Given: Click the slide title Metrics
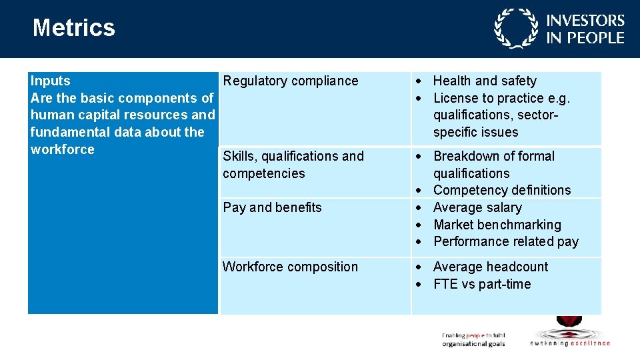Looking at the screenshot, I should (73, 28).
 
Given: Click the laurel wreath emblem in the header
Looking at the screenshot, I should (515, 29).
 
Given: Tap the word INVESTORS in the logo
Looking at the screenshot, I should (585, 21).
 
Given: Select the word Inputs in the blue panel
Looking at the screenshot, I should (51, 81).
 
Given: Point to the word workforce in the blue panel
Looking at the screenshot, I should (63, 149).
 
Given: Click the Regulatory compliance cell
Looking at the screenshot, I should (291, 81).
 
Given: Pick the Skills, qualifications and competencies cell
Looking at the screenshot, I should (293, 165).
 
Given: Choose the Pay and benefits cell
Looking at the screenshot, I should (272, 207).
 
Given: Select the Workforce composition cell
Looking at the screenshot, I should (290, 267).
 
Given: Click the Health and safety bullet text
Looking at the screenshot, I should (485, 81).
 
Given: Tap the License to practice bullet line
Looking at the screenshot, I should (501, 98).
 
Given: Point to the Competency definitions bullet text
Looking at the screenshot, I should (502, 190).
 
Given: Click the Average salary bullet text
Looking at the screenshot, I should (477, 207).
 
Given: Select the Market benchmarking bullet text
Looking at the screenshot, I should (497, 225).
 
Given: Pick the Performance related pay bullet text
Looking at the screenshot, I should (506, 241).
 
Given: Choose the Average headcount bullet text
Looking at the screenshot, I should (491, 267).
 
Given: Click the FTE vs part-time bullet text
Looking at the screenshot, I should (482, 284).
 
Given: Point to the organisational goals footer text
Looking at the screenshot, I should (473, 344).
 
